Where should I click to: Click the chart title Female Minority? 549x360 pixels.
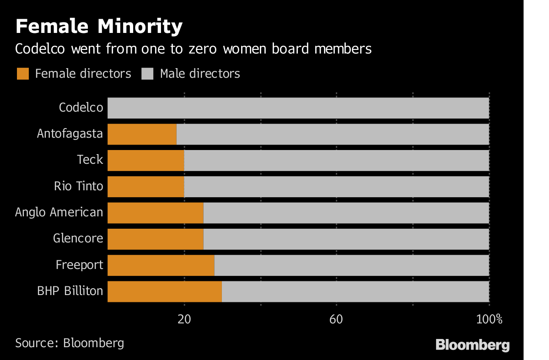pyautogui.click(x=99, y=27)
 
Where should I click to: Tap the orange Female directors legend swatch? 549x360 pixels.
pyautogui.click(x=23, y=74)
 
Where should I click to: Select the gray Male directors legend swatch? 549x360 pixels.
pyautogui.click(x=147, y=74)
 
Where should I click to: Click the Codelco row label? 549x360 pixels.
pyautogui.click(x=81, y=108)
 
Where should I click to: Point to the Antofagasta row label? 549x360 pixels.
pyautogui.click(x=70, y=134)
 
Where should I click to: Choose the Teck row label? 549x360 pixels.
pyautogui.click(x=90, y=160)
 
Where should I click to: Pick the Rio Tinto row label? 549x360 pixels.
pyautogui.click(x=78, y=186)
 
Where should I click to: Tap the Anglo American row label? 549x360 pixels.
pyautogui.click(x=59, y=212)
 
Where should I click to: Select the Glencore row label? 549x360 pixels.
pyautogui.click(x=78, y=238)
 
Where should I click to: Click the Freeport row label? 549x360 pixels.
pyautogui.click(x=79, y=265)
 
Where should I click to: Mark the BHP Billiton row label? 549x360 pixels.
pyautogui.click(x=70, y=291)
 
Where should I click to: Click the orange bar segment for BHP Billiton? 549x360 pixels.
pyautogui.click(x=165, y=291)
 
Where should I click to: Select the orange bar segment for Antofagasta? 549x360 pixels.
pyautogui.click(x=142, y=134)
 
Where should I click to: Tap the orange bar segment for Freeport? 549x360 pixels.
pyautogui.click(x=161, y=265)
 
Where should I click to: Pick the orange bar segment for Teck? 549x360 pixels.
pyautogui.click(x=145, y=161)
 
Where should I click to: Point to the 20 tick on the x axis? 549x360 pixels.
pyautogui.click(x=184, y=319)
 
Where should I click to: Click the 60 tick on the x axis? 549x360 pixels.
pyautogui.click(x=336, y=319)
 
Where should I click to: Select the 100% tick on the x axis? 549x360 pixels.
pyautogui.click(x=489, y=319)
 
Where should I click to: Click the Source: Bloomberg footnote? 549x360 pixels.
pyautogui.click(x=70, y=343)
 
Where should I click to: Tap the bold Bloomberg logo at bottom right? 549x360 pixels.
pyautogui.click(x=473, y=345)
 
